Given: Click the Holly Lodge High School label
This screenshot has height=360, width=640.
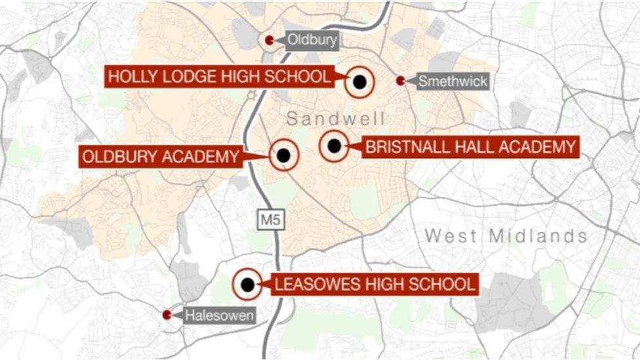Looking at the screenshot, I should pos(220,77).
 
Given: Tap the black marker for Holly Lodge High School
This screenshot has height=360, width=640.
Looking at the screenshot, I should pos(359,82).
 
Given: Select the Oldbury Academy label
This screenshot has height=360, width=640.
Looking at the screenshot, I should pos(160,157).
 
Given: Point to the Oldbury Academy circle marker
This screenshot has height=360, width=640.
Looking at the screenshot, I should pos(283,156).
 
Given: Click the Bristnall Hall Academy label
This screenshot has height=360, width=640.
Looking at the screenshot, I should pos(470,147).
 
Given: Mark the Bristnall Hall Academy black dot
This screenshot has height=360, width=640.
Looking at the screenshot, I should pos(334,146).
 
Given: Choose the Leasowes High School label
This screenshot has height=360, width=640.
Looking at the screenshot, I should pos(374,285).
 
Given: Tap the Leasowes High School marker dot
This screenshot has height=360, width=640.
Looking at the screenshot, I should pos(247,285).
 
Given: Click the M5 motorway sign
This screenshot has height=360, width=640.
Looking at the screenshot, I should pos(270,220).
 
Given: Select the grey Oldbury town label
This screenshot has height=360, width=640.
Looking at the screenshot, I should pos(312,41).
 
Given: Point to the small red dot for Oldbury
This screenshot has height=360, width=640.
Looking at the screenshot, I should pos(270,41).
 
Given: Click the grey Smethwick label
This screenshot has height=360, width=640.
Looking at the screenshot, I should pos(452,81).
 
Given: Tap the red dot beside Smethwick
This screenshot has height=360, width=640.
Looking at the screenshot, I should pos(401,81).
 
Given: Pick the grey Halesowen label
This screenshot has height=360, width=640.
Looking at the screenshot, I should pos(219,315).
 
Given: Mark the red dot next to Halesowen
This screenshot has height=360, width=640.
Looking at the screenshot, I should pos(167,315).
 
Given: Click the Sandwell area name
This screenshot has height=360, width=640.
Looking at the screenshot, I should pos(335,119).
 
